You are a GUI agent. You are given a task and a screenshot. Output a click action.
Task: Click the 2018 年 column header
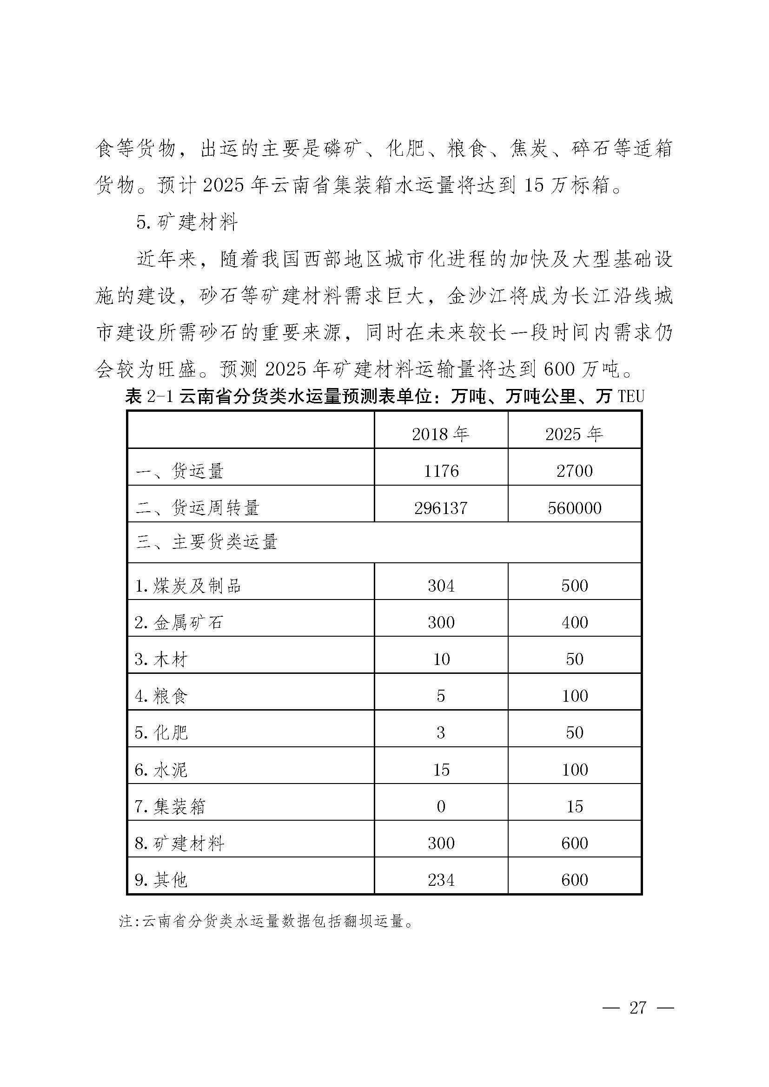tap(440, 434)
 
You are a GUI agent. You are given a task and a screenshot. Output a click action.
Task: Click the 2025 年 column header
tap(574, 434)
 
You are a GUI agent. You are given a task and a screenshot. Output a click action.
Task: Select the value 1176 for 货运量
tap(441, 471)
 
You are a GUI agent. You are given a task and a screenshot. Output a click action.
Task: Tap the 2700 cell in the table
tap(574, 471)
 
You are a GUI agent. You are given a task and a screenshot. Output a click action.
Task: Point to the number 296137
tap(441, 508)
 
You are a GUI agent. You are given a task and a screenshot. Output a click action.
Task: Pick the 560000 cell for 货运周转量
tap(574, 508)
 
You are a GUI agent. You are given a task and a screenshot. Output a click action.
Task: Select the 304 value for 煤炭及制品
tap(441, 586)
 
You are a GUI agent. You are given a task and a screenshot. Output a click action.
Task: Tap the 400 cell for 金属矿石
tap(574, 622)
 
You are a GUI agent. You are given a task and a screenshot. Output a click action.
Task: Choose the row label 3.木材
tap(161, 659)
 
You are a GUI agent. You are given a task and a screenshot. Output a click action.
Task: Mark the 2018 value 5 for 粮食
tap(441, 696)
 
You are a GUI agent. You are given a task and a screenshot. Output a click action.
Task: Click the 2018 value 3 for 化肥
tap(441, 732)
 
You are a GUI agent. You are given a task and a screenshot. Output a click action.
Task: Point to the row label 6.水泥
tap(161, 769)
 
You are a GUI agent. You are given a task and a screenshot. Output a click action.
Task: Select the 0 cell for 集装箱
tap(441, 806)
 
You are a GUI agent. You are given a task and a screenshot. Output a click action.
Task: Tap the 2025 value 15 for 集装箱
tap(574, 806)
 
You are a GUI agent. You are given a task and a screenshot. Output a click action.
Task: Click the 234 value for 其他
tap(441, 880)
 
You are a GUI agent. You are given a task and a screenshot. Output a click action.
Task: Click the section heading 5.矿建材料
tap(186, 222)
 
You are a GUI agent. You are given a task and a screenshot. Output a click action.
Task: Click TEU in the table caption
tap(631, 396)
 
